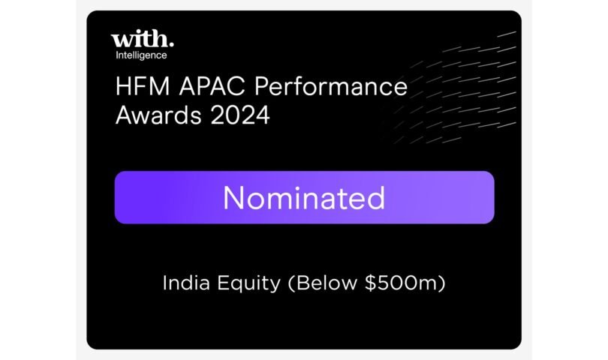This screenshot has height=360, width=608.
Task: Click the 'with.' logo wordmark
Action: pos(143,39)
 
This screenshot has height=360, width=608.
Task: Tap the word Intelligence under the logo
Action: pos(141,55)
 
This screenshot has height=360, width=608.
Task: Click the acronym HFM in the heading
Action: pos(143,86)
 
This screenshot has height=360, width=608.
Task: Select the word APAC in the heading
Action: pos(212,86)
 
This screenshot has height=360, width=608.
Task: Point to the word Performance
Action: pos(331,86)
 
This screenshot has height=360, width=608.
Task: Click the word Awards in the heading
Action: pos(158,115)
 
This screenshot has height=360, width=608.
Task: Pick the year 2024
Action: pos(240,115)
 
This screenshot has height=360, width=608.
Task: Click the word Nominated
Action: pos(304,198)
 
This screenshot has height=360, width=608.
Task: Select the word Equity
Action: pos(248,283)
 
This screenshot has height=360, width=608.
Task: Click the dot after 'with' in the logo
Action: pos(171,45)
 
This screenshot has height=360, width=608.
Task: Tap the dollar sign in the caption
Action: pos(371,283)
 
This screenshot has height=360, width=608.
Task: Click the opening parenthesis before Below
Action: pos(291,283)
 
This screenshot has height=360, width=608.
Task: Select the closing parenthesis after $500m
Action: pos(441,283)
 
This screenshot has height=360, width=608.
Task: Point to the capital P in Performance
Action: pos(262,86)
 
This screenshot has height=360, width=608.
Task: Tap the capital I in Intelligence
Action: pos(116,55)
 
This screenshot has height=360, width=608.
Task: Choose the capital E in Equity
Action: pos(224,283)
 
